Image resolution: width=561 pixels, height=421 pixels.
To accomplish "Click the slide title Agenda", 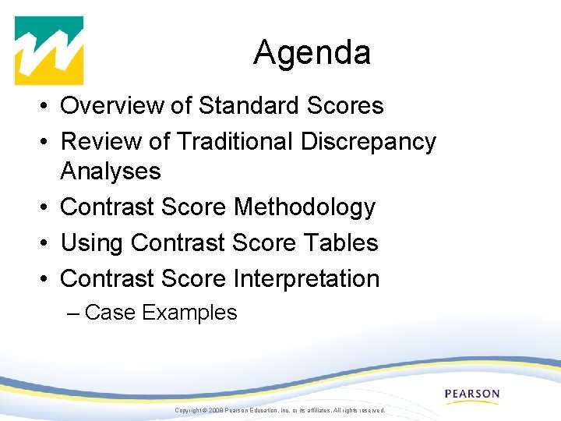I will [312, 53].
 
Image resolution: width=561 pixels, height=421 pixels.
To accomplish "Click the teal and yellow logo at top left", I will [49, 51].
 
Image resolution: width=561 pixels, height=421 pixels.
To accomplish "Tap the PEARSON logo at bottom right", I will [472, 394].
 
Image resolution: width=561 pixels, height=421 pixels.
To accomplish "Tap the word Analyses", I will [110, 171].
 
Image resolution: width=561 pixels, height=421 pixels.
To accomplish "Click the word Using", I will [92, 242].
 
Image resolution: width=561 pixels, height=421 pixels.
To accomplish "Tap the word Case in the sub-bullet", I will [111, 313].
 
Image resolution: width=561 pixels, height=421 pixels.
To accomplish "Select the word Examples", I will [189, 313].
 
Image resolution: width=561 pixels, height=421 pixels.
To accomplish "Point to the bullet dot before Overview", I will [47, 106].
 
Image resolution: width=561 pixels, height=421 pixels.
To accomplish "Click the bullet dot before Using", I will [47, 243].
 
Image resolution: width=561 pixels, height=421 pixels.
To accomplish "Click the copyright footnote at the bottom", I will [280, 410].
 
